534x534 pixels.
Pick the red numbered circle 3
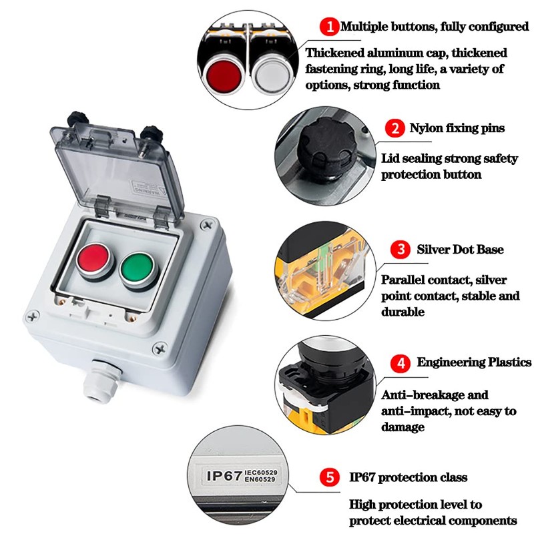coord(400,250)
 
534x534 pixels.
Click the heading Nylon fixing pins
coord(457,127)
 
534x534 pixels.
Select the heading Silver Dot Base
coord(460,250)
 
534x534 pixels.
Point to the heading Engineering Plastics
coord(474,362)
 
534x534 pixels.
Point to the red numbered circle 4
coord(400,363)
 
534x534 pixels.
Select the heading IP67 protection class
coord(408,478)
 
